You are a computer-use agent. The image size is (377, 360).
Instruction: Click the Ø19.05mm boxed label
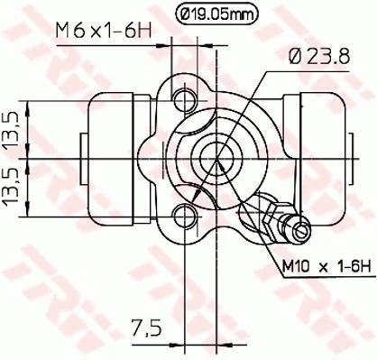coord(216,14)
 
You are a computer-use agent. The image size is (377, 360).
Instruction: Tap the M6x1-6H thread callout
coord(103,31)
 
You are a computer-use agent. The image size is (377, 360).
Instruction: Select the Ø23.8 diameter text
coord(319,56)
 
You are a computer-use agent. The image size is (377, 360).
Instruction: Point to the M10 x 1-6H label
coord(326,266)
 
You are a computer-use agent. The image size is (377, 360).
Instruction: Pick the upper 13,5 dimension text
coord(12,130)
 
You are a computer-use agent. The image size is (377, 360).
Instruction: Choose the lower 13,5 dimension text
coord(12,187)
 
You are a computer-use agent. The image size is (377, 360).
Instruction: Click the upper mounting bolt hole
coord(186,100)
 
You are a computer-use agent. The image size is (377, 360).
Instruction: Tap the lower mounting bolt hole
coord(186,216)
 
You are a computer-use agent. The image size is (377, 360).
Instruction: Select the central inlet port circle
coord(216,159)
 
